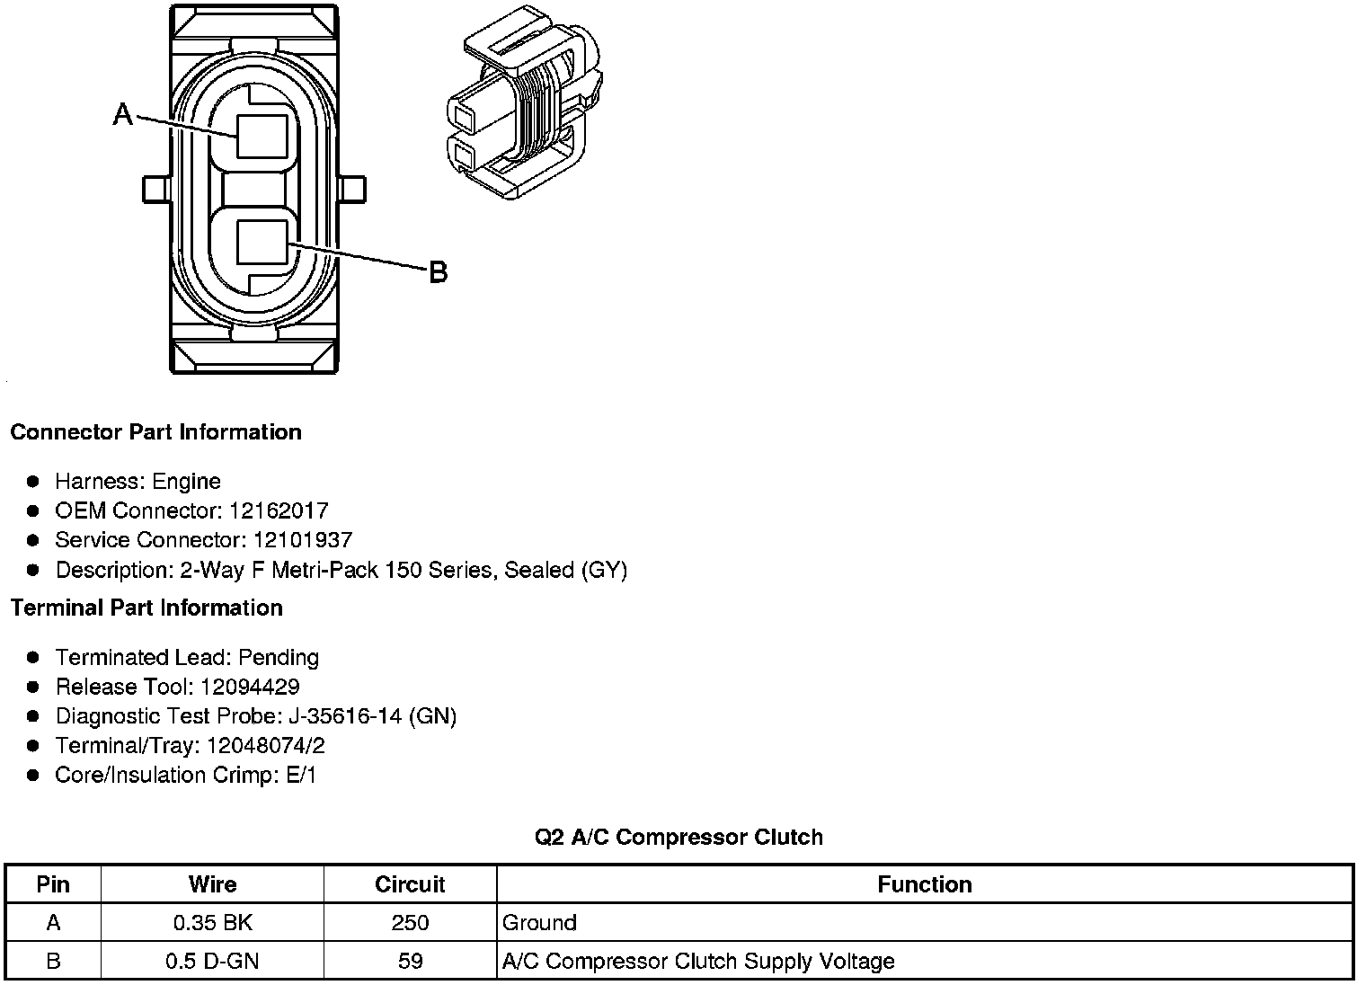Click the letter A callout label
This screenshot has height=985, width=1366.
click(x=122, y=114)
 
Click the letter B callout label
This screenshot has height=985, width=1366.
click(x=438, y=272)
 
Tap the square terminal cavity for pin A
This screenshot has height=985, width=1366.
click(x=262, y=137)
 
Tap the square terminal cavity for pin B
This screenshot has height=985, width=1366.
click(x=262, y=242)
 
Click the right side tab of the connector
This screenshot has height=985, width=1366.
click(x=352, y=190)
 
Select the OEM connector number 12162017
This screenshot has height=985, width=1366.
click(x=279, y=510)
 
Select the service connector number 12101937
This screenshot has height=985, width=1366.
click(x=303, y=540)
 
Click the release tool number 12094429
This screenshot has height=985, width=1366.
click(x=250, y=687)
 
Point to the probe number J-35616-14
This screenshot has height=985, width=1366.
click(x=345, y=716)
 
